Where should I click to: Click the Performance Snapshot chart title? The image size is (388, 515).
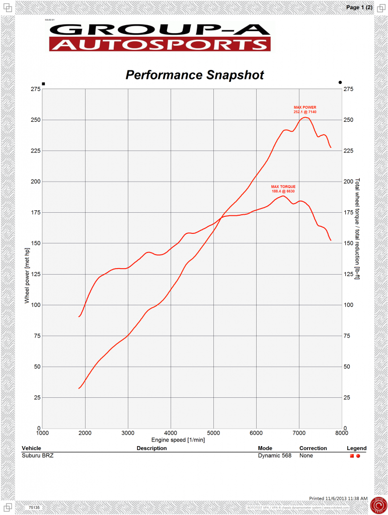pyautogui.click(x=194, y=75)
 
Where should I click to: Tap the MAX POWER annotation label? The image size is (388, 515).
pyautogui.click(x=305, y=109)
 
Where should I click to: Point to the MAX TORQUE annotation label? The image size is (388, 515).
pyautogui.click(x=283, y=189)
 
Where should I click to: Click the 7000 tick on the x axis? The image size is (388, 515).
pyautogui.click(x=299, y=433)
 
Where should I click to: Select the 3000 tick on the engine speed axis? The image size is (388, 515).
pyautogui.click(x=128, y=433)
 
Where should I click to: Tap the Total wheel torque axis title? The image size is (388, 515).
pyautogui.click(x=358, y=229)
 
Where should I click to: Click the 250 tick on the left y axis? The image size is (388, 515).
pyautogui.click(x=35, y=120)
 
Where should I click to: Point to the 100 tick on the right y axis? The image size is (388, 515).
pyautogui.click(x=348, y=305)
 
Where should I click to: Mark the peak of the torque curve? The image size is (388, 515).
pyautogui.click(x=283, y=196)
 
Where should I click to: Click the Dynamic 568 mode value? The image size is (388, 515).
pyautogui.click(x=274, y=456)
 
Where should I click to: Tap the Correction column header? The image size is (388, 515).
pyautogui.click(x=313, y=448)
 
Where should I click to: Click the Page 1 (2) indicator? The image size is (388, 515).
pyautogui.click(x=359, y=8)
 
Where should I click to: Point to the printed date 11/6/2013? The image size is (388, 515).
pyautogui.click(x=339, y=498)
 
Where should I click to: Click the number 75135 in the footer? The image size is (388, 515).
pyautogui.click(x=34, y=508)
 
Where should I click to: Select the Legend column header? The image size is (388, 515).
pyautogui.click(x=356, y=448)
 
